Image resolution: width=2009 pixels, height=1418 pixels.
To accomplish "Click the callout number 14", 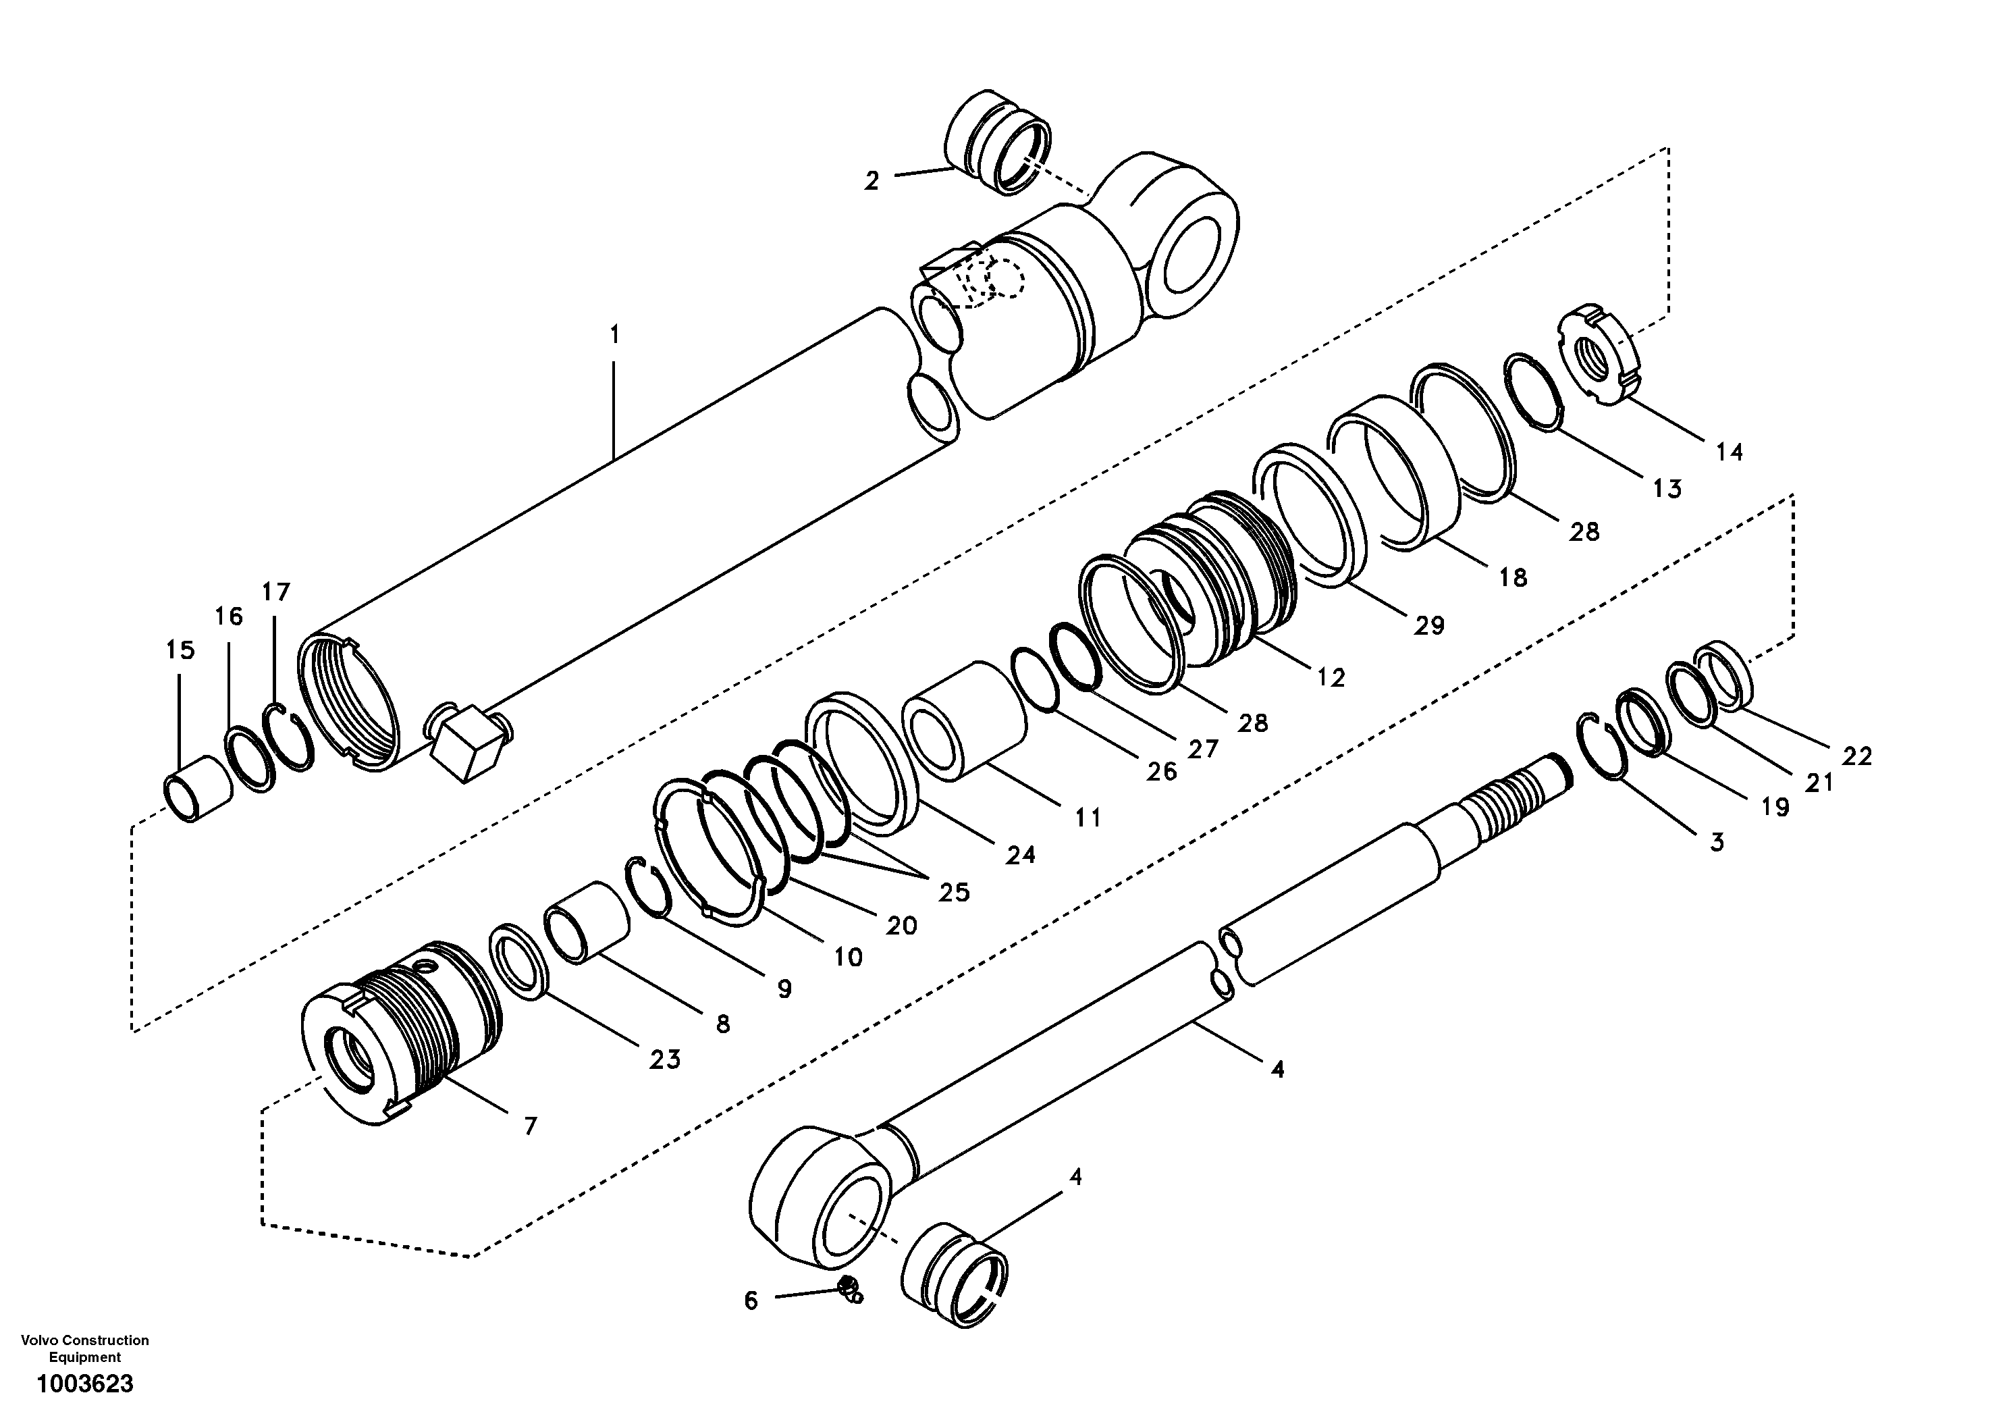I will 1728,452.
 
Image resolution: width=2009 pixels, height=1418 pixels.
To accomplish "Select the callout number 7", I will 530,1126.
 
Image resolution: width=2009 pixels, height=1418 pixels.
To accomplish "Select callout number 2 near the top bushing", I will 872,181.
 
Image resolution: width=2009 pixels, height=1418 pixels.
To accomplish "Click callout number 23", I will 664,1060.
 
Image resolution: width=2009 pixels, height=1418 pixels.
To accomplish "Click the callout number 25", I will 954,892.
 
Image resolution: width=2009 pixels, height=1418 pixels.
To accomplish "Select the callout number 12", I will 1330,677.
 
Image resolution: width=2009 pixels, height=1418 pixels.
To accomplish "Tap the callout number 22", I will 1856,756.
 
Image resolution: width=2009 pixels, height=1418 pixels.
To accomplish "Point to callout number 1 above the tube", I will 614,334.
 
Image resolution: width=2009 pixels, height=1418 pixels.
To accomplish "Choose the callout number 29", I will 1429,625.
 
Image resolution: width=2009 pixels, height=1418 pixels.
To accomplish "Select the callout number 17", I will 275,593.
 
